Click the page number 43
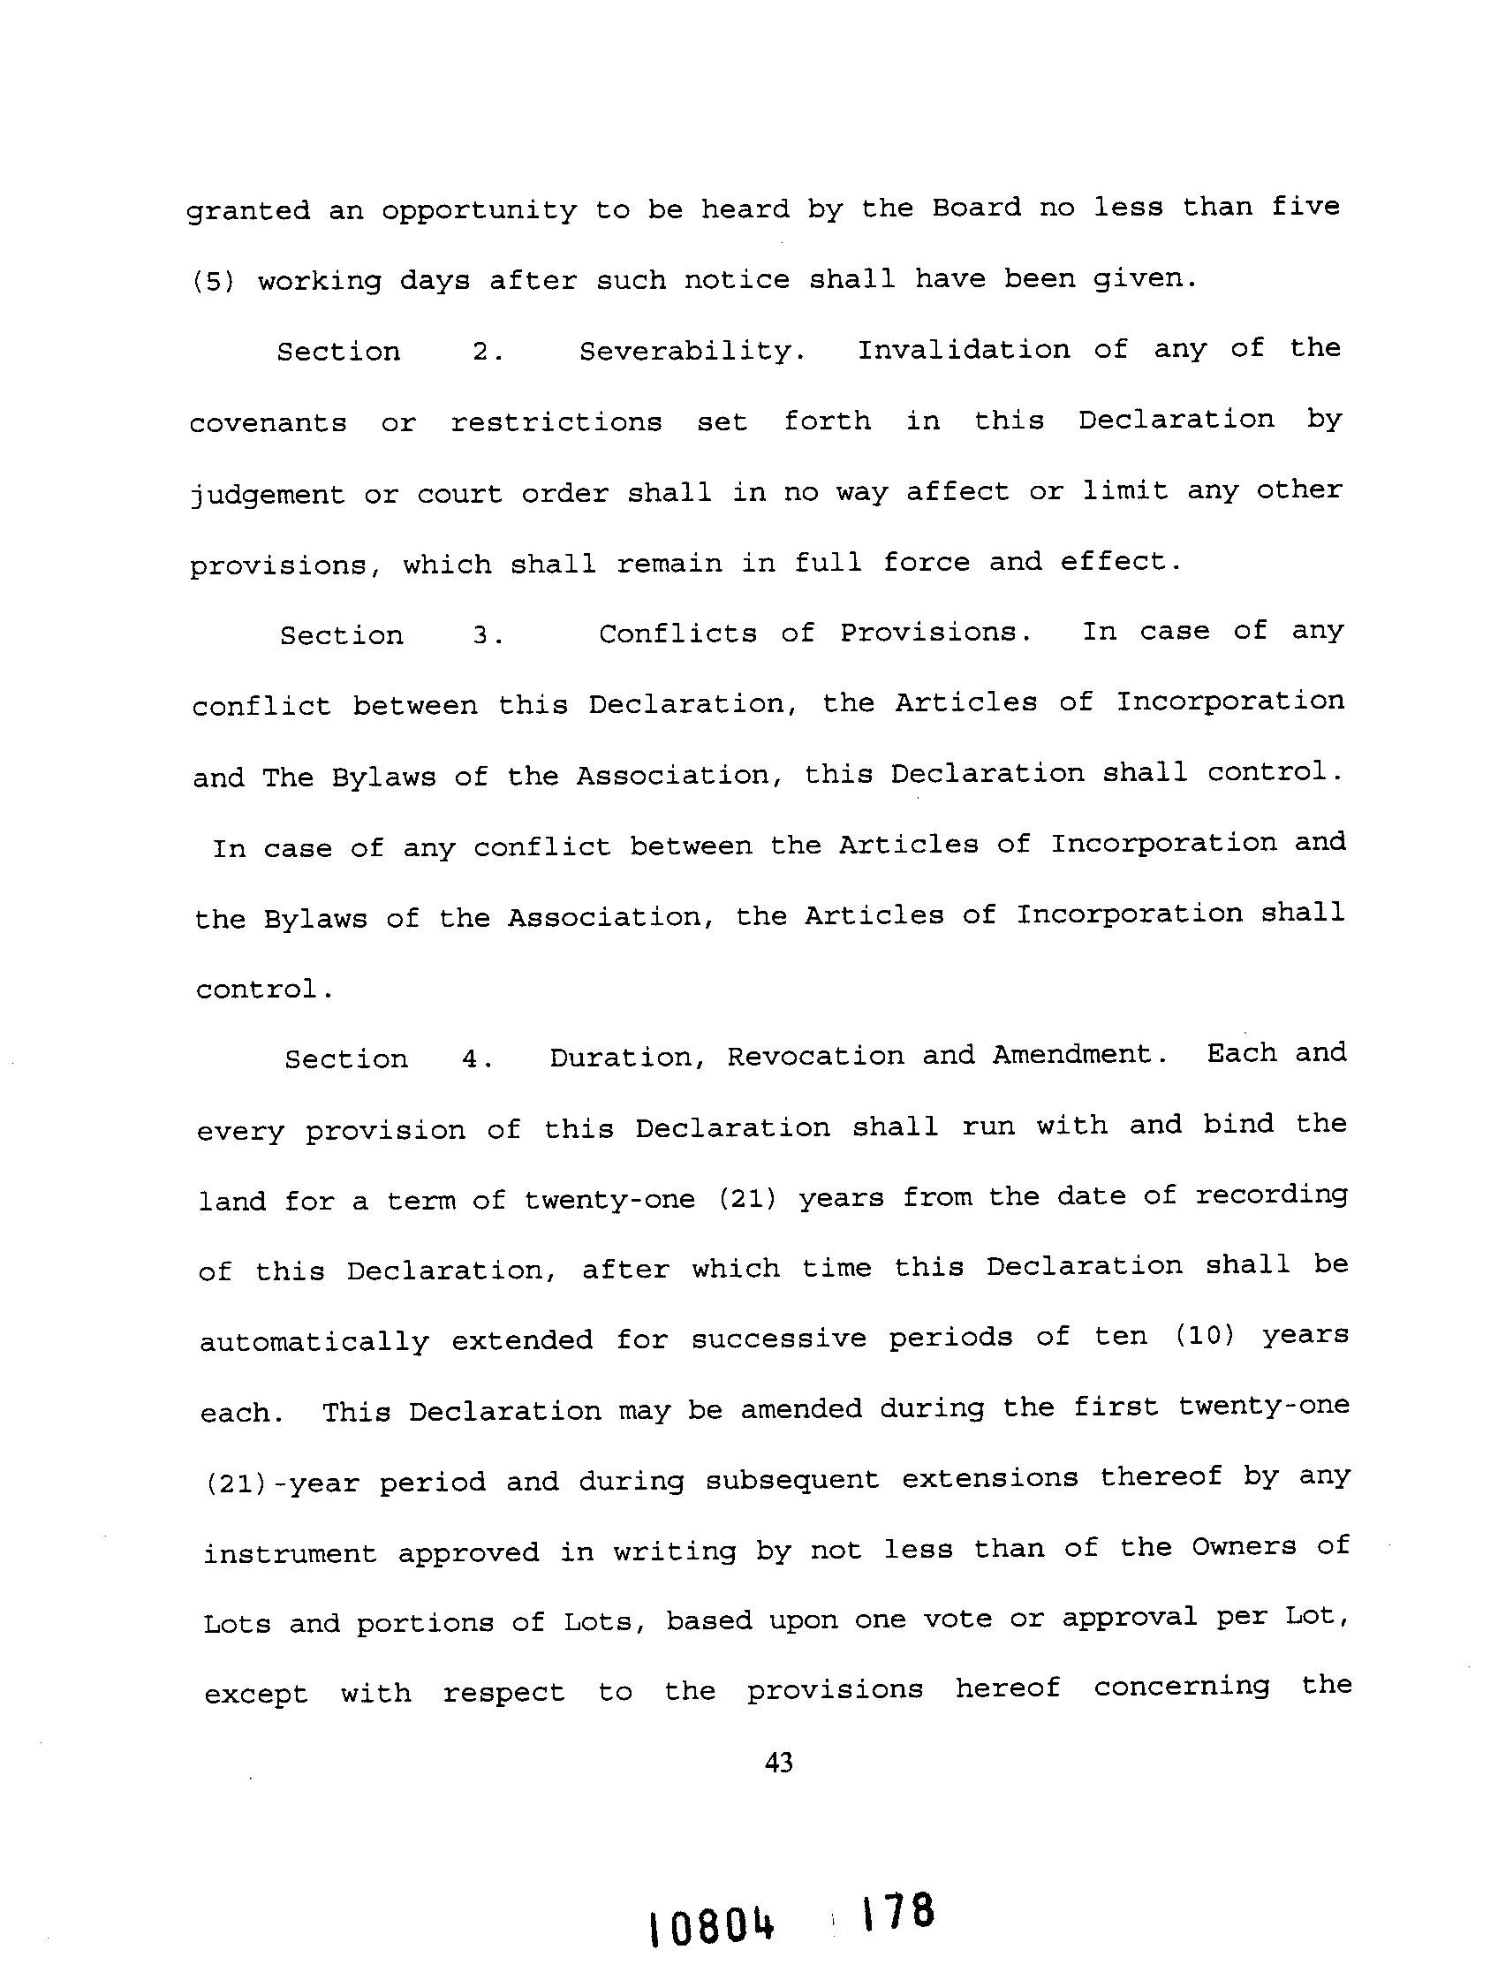(778, 1763)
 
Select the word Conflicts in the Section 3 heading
(677, 633)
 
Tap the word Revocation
(815, 1056)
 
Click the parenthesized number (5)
(214, 281)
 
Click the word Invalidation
(964, 349)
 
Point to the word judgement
(267, 495)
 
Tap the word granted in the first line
(248, 211)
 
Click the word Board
(976, 208)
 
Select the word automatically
(314, 1342)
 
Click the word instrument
(290, 1553)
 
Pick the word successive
(778, 1339)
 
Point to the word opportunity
(479, 211)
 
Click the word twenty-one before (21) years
(609, 1200)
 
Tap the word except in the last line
(256, 1695)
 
